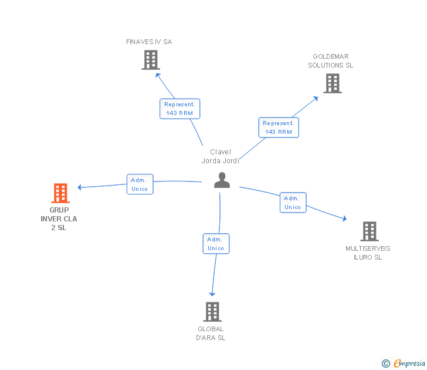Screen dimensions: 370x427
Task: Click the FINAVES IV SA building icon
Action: pos(151,59)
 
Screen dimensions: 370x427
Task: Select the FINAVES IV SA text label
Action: pos(149,42)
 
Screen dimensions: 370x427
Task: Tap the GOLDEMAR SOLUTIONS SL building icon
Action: pos(333,83)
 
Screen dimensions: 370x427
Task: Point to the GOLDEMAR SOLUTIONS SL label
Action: pos(331,61)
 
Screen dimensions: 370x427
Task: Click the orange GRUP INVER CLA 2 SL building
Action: pos(60,193)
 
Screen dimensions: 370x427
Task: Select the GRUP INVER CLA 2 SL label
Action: pos(59,219)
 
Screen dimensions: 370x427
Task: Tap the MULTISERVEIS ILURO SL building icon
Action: pos(369,231)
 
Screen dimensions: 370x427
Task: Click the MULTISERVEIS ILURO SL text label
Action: pos(368,253)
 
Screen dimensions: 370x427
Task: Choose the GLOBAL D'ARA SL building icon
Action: pos(212,312)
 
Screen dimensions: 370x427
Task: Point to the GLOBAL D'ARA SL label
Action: pos(211,334)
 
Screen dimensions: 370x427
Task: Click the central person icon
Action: pos(222,180)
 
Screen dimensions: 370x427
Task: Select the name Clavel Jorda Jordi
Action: pos(221,156)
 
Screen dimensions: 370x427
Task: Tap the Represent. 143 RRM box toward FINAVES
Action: pos(179,109)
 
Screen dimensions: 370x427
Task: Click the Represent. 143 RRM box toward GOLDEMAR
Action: pos(279,127)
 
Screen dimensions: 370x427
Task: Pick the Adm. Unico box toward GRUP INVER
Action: pos(140,184)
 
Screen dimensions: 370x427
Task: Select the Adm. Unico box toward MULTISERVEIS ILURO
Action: pos(293,203)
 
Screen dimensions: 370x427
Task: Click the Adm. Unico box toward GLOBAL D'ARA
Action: pos(216,244)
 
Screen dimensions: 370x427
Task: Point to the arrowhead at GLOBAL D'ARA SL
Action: pos(212,293)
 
